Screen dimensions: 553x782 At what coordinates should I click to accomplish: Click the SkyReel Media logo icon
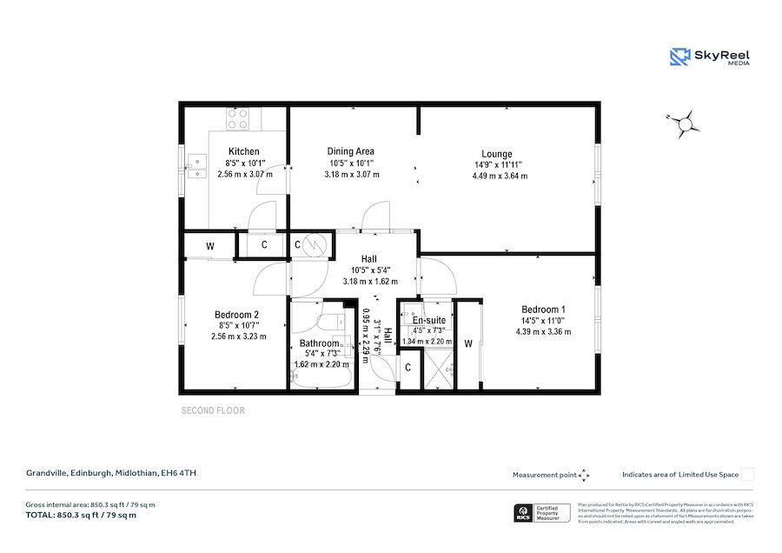click(x=679, y=57)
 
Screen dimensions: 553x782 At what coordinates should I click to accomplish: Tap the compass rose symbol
click(x=686, y=124)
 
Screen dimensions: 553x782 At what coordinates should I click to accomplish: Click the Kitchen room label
click(x=243, y=151)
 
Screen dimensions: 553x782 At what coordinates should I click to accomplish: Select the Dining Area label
click(x=350, y=151)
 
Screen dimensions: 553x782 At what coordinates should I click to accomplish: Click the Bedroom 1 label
click(x=543, y=310)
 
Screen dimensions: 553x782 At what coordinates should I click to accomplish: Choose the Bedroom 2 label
click(x=237, y=315)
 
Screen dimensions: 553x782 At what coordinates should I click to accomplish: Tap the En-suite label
click(x=429, y=320)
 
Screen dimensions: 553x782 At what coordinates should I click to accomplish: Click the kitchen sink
click(x=196, y=166)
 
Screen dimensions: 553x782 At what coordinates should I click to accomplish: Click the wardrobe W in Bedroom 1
click(x=468, y=343)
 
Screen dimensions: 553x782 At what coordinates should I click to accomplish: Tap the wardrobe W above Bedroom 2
click(x=209, y=246)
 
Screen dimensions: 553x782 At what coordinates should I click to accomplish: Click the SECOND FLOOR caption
click(x=213, y=410)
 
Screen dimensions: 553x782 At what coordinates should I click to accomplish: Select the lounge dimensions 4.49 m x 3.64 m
click(x=500, y=176)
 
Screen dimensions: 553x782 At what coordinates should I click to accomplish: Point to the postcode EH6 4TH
click(x=182, y=474)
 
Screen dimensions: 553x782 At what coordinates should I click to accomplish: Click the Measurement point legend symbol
click(x=585, y=475)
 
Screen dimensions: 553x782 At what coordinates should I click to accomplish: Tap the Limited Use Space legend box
click(x=747, y=475)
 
